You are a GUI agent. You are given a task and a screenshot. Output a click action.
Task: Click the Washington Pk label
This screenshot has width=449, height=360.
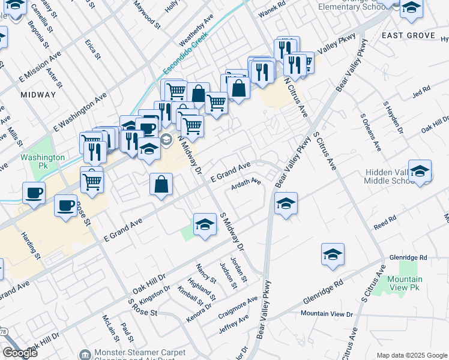coord(42,161)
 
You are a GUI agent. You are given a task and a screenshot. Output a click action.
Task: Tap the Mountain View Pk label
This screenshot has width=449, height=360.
coord(405,283)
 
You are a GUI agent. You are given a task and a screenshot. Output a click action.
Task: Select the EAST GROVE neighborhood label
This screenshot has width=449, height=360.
coord(408,35)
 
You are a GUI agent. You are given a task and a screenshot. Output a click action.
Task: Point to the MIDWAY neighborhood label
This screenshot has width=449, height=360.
coord(38,94)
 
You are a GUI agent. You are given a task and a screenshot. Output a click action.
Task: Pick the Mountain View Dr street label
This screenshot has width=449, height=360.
coord(327,313)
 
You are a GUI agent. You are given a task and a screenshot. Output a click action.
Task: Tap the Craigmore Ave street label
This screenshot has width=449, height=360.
coord(238,305)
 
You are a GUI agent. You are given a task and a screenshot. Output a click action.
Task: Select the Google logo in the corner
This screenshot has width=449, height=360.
coord(20,353)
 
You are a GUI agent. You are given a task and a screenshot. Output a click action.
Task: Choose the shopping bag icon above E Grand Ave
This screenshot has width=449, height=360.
coord(161,184)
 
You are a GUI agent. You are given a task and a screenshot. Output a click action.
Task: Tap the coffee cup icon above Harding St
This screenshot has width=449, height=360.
coord(34,193)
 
